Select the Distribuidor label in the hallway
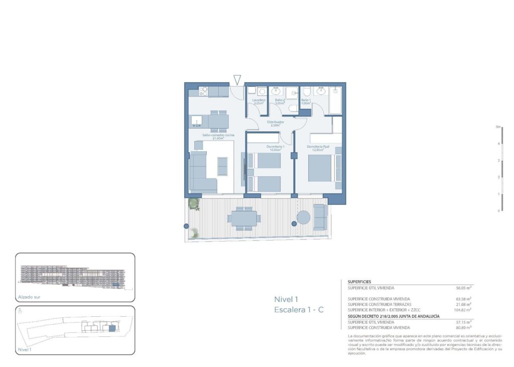click(x=274, y=122)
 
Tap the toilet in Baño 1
click(x=307, y=91)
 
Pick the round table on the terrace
click(x=304, y=218)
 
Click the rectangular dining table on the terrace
click(x=244, y=218)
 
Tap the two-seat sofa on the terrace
click(x=320, y=217)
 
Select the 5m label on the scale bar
click(x=498, y=127)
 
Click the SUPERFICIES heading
click(x=359, y=282)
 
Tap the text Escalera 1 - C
click(x=299, y=310)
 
